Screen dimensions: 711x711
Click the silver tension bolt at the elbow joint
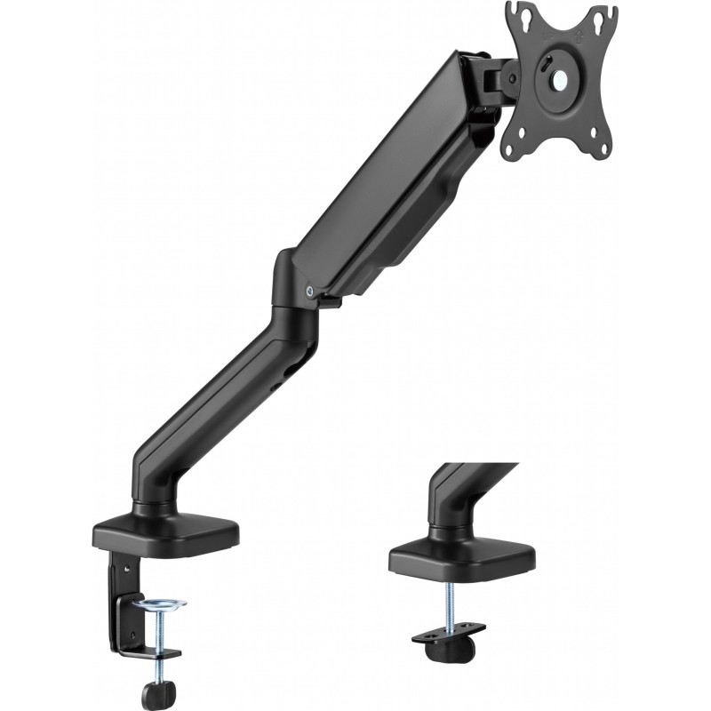coord(309,289)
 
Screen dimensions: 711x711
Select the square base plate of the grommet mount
coord(462,555)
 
